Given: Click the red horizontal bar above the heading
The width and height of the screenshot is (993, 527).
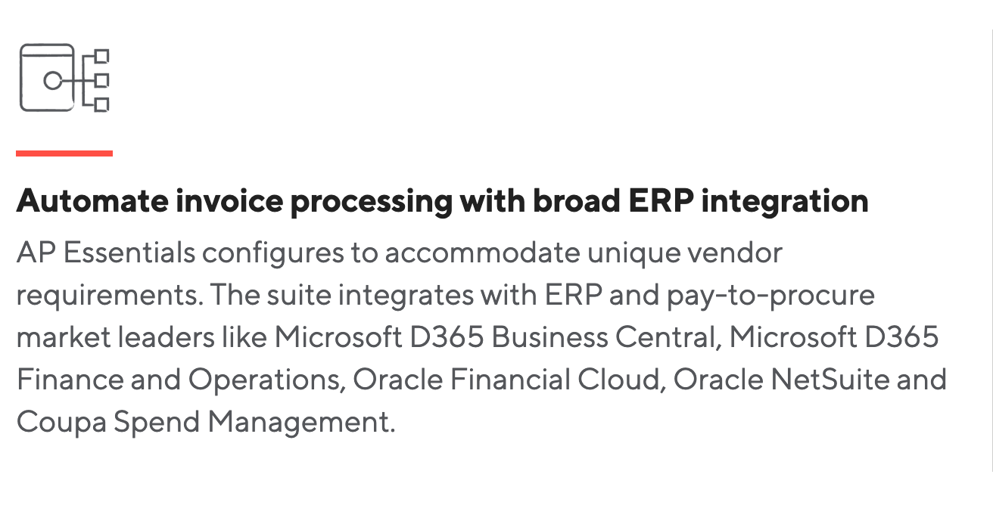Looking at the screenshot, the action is point(64,153).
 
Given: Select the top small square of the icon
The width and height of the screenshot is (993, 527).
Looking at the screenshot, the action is point(102,56).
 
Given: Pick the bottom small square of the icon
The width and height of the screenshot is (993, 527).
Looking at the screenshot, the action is point(102,105).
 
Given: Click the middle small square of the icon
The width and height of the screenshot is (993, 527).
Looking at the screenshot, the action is point(102,81).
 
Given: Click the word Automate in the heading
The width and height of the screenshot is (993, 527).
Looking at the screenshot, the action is point(92,201).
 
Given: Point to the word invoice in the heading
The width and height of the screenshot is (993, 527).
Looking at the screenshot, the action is point(229,201).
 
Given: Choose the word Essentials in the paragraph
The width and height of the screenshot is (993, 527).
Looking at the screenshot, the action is point(129,253).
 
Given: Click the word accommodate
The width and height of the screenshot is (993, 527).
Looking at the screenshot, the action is point(483,253).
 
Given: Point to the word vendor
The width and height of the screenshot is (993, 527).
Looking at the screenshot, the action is point(735,253).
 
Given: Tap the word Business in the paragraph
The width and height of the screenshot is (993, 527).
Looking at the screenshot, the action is point(549,337).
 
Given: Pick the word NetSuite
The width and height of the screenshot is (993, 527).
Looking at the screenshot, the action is point(830,380).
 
